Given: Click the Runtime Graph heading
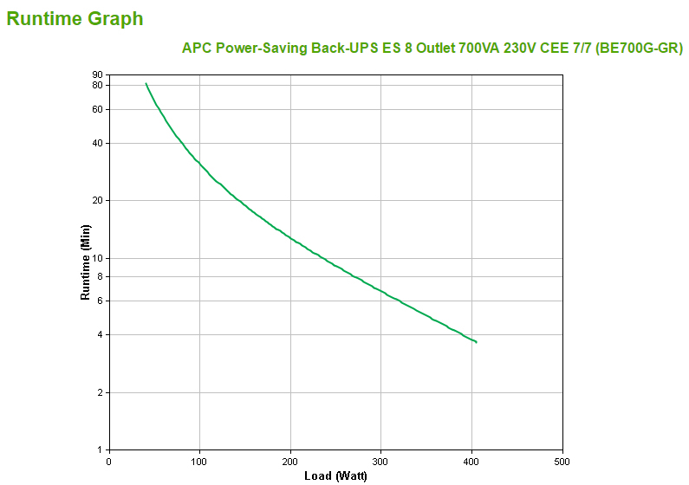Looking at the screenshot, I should point(75,18).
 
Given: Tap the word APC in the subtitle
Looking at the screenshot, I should point(197,48).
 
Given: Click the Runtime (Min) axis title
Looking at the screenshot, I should point(85,262).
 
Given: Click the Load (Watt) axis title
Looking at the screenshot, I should point(335,475).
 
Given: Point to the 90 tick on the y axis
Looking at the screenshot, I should point(97,75).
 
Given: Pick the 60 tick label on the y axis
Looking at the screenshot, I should point(97,109).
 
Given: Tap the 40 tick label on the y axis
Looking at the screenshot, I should point(97,143).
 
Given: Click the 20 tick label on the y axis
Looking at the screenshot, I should point(97,200).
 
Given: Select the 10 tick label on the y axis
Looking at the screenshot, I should point(97,258).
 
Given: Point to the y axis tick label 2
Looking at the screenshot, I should point(100,392).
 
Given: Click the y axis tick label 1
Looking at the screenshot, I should point(100,449).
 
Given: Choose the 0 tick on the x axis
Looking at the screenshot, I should point(109,461).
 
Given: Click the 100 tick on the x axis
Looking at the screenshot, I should point(200,461).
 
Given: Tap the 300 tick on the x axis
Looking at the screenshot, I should point(381,461).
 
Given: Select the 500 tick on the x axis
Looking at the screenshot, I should point(562,461).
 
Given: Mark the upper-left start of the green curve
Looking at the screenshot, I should point(146,84).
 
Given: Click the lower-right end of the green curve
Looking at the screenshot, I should point(476,342).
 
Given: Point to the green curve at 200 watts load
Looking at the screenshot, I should point(290,236).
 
